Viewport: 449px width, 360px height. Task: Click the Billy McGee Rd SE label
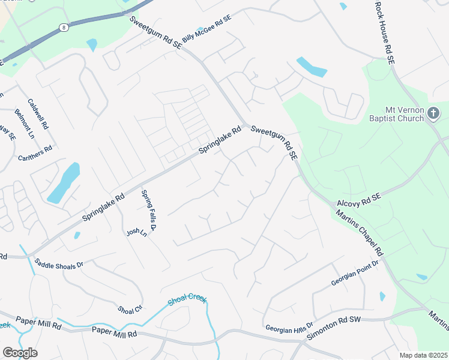click(206, 28)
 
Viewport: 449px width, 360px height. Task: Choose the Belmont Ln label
click(25, 124)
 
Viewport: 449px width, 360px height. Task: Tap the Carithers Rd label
click(35, 154)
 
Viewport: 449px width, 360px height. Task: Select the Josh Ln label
click(136, 232)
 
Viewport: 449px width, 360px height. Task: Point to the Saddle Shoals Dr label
click(58, 263)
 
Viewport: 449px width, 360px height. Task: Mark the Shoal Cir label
click(130, 310)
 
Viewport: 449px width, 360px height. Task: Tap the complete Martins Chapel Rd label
click(359, 232)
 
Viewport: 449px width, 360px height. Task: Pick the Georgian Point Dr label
click(355, 274)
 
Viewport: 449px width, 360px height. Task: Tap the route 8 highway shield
click(63, 27)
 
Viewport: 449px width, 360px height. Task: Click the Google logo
click(20, 353)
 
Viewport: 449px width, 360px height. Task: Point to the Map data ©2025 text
click(423, 355)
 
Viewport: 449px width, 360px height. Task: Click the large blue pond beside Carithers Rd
click(64, 182)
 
